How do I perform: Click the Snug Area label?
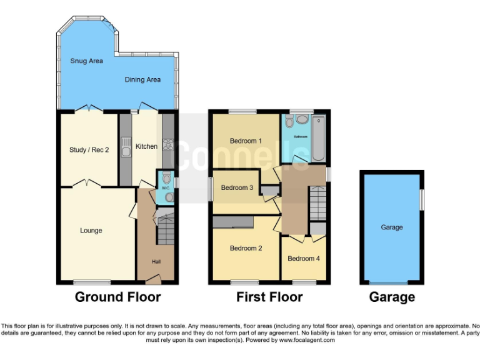tap(86, 61)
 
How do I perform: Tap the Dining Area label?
tap(142, 79)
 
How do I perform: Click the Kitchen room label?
tap(147, 146)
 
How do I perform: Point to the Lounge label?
tap(91, 231)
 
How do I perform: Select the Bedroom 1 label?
tap(246, 141)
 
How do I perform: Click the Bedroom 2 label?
tap(246, 248)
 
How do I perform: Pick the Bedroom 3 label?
tap(237, 187)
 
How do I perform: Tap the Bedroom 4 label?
tap(303, 258)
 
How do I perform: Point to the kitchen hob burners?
tap(167, 145)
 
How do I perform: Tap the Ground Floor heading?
tap(117, 297)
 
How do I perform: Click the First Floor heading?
tap(269, 297)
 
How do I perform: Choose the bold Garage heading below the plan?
tap(391, 297)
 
